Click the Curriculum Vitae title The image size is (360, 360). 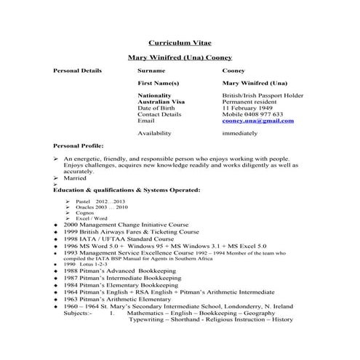(x=180, y=43)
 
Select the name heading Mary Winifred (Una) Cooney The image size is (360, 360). (x=180, y=57)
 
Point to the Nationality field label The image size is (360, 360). (x=154, y=95)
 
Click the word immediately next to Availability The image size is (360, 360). (x=241, y=133)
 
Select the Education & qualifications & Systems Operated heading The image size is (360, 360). (x=127, y=189)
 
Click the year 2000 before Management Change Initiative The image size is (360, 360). (x=71, y=225)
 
